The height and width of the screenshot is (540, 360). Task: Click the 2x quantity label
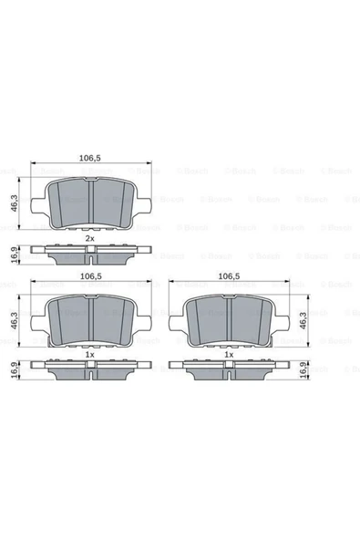(89, 237)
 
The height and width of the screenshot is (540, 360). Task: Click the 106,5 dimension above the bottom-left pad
(89, 275)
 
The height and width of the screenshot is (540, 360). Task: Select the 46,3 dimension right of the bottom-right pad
(315, 321)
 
